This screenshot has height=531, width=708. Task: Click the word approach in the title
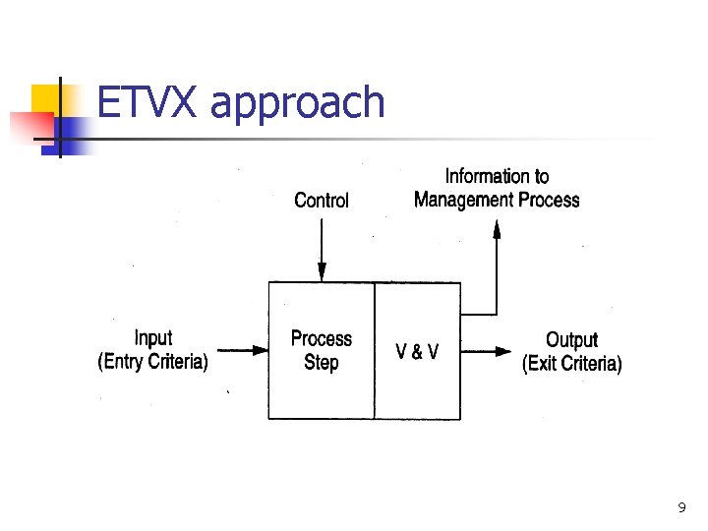298,105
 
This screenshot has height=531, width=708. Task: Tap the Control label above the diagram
322,201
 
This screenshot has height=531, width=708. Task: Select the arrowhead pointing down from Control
322,273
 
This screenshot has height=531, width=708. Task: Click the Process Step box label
322,351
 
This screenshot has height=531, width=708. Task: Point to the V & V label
417,352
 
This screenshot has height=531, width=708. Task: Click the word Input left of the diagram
152,339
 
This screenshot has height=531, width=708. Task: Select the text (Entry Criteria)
152,363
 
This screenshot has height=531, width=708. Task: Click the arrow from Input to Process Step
241,350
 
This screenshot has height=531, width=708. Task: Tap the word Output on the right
571,341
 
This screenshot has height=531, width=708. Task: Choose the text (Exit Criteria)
571,365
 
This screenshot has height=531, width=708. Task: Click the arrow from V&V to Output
487,350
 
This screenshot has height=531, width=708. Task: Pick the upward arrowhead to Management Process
497,229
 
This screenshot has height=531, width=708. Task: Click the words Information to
497,177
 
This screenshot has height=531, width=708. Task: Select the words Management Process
497,201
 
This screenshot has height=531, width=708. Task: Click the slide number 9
681,508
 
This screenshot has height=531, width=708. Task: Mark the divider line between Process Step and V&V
374,350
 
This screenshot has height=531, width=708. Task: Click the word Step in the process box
322,363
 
